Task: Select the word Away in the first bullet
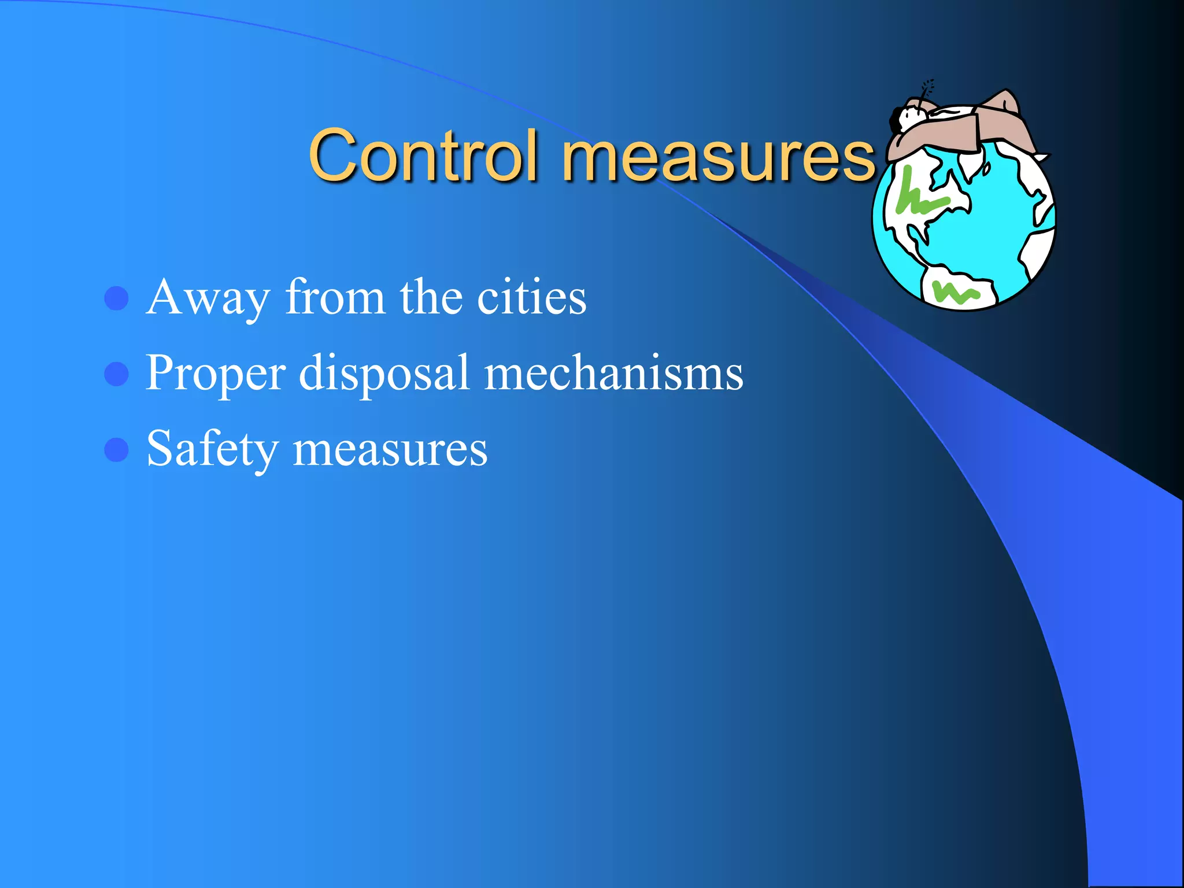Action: tap(208, 299)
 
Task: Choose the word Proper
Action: tap(216, 374)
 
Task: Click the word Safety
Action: tap(212, 449)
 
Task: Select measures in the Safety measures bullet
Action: tap(390, 450)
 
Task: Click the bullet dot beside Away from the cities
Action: tap(116, 299)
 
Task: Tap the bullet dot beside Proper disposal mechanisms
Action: tap(116, 374)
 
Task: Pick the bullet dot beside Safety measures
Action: tap(116, 450)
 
